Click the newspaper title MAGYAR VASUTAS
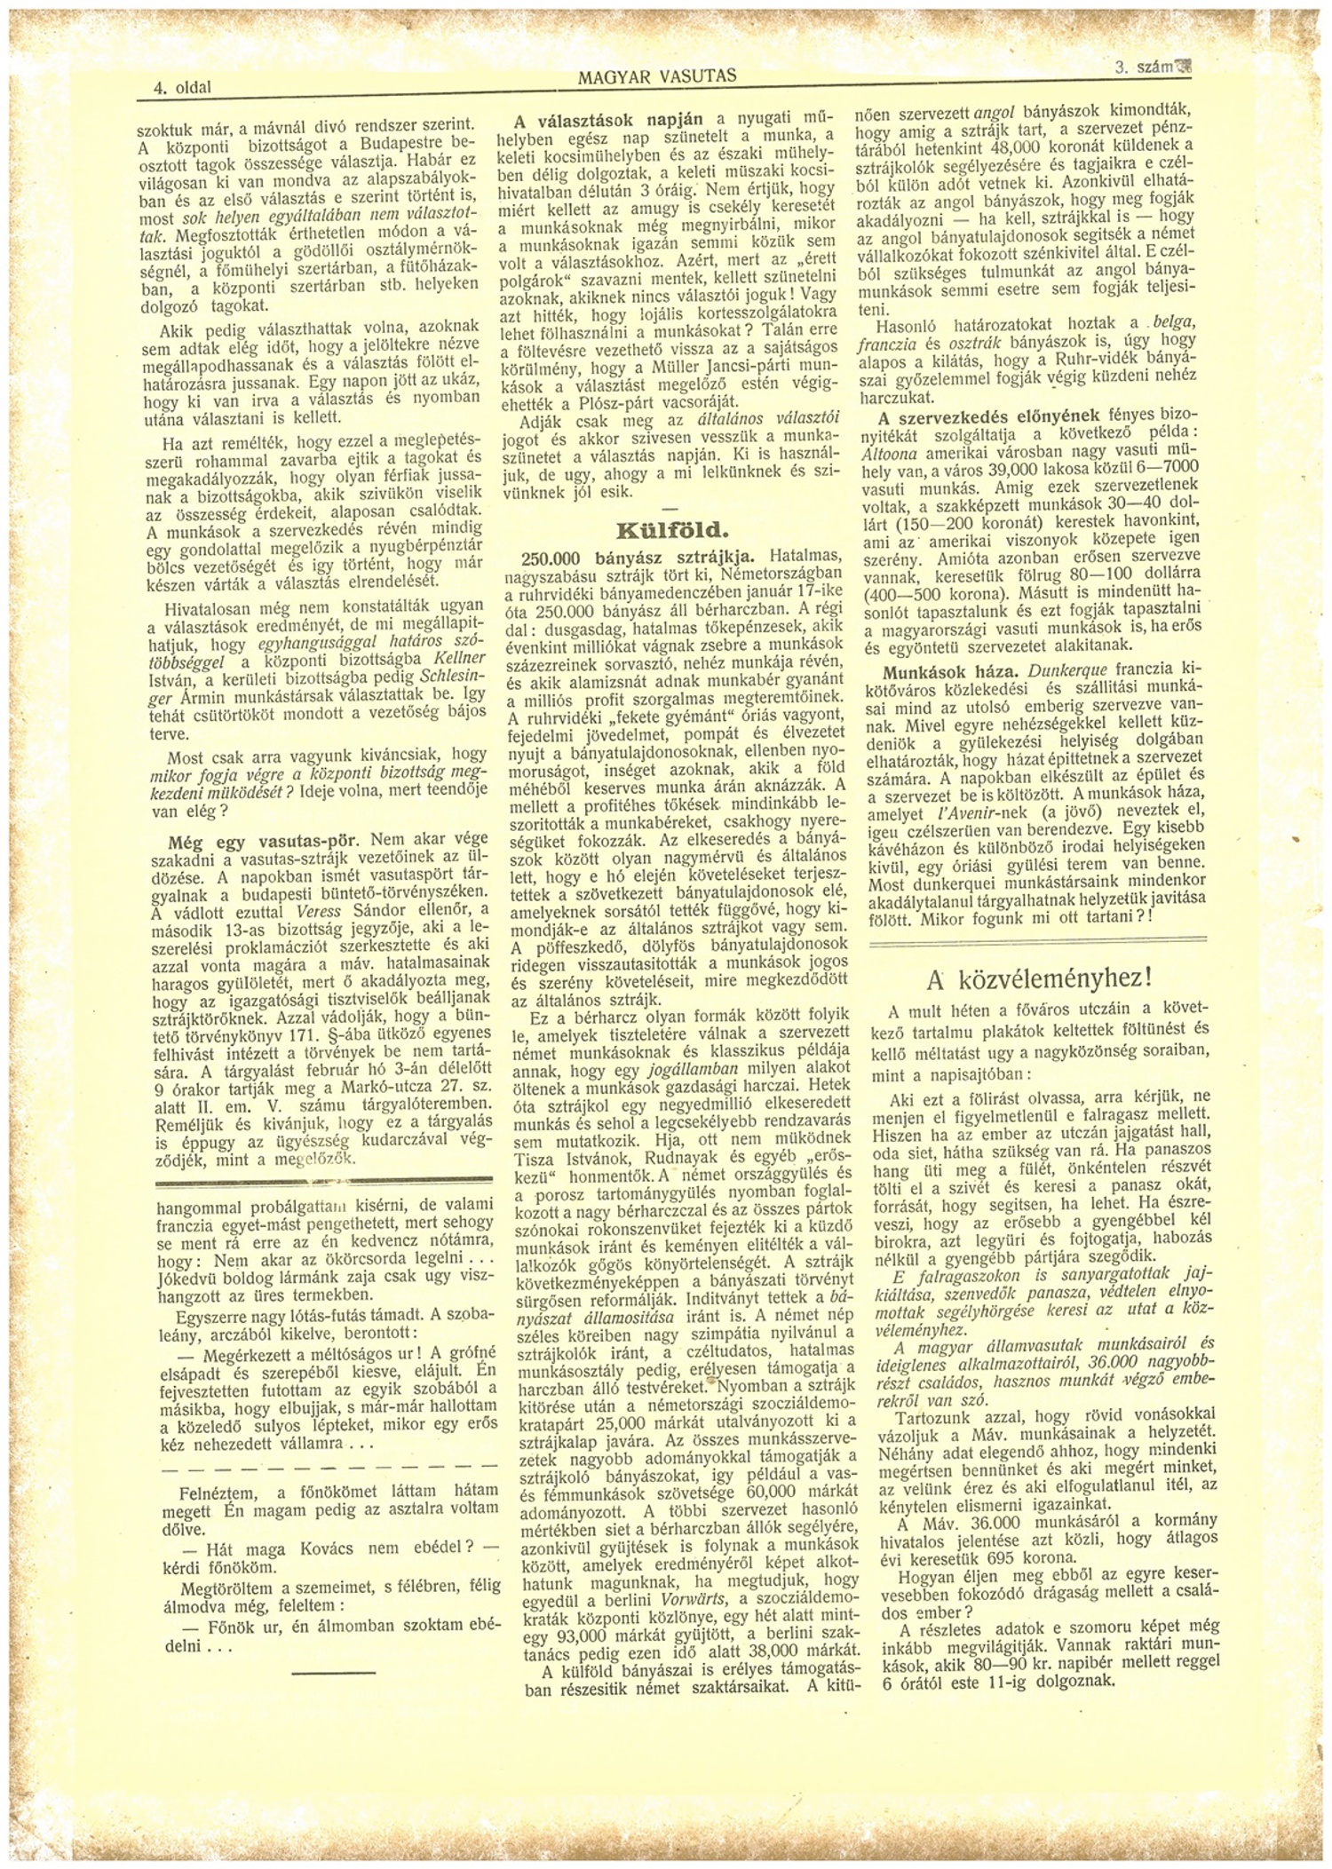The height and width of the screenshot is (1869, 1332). [657, 76]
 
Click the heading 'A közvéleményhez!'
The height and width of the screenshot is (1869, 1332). [1038, 978]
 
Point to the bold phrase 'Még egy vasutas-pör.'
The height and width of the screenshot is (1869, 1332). [263, 840]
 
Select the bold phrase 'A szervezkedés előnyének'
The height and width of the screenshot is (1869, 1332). [988, 416]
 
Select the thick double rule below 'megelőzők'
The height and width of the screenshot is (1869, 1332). [323, 1181]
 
